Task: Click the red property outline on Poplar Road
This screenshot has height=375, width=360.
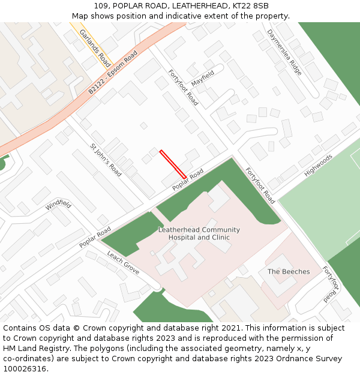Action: click(173, 164)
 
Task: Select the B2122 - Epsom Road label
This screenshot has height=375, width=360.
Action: click(113, 73)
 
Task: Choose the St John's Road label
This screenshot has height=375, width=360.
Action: click(106, 160)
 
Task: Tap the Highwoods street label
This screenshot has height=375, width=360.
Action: click(318, 164)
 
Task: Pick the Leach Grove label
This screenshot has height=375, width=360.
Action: click(123, 263)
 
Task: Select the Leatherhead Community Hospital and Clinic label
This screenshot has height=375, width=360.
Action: click(199, 233)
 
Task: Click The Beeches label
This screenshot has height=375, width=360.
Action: click(289, 272)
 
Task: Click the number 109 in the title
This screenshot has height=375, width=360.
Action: click(101, 6)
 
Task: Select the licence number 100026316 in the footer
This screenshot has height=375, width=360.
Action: click(25, 369)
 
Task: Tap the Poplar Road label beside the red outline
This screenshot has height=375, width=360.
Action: click(188, 180)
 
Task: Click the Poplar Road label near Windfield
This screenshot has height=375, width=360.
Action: click(95, 238)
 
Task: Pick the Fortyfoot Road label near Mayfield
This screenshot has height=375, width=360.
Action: click(183, 88)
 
